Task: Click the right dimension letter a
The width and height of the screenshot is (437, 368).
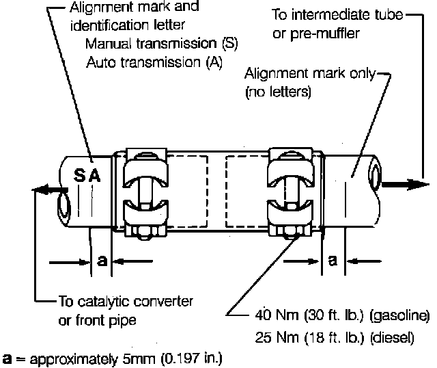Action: pyautogui.click(x=333, y=261)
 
